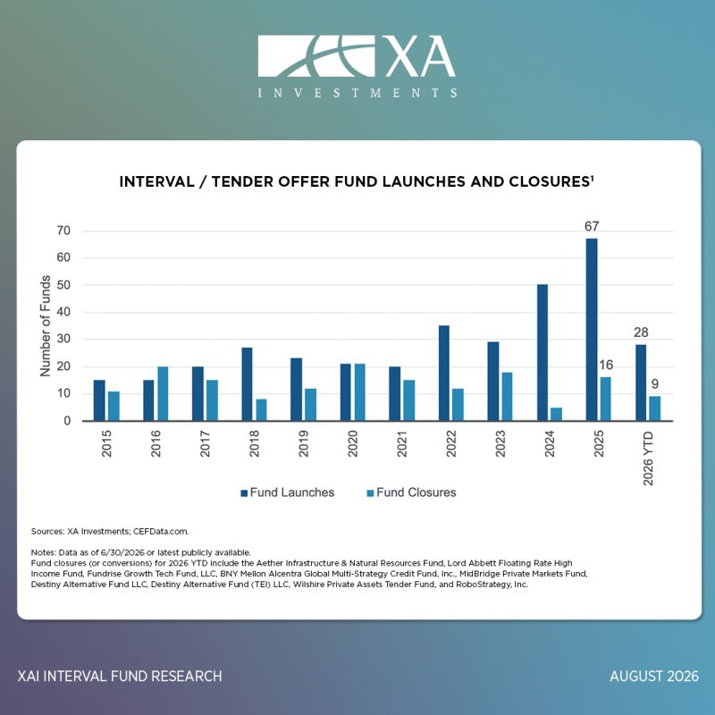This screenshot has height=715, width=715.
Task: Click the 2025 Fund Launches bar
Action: [x=592, y=329]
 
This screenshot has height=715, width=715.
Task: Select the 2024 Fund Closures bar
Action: [x=556, y=414]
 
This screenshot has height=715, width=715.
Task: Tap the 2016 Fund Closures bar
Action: [x=163, y=393]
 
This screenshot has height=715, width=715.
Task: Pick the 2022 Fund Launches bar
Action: [x=443, y=373]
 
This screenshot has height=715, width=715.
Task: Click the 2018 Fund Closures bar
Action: [x=261, y=410]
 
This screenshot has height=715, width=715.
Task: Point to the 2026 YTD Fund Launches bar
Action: [x=641, y=383]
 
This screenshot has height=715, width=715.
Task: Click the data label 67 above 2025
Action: [x=592, y=226]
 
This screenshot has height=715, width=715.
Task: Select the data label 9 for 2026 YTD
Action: [x=655, y=384]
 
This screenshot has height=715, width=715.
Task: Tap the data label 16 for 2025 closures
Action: [x=606, y=365]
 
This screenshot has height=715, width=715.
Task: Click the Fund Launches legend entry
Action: [x=287, y=492]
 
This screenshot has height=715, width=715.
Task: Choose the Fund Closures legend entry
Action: [x=411, y=492]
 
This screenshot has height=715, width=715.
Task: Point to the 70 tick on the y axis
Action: [x=63, y=231]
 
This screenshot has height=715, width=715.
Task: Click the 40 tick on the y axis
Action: [x=63, y=312]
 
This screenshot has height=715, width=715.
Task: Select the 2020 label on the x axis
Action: [x=352, y=443]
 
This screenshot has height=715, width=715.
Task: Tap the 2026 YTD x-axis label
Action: [x=648, y=458]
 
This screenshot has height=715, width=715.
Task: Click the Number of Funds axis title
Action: [x=46, y=326]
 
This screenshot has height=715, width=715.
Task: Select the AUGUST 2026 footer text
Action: [x=654, y=676]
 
